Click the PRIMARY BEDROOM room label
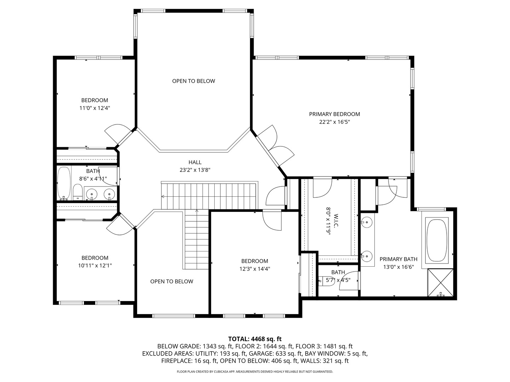[x=334, y=114]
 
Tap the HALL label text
[x=195, y=162]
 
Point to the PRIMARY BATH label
[x=398, y=259]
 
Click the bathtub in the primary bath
[x=437, y=240]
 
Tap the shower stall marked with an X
[x=441, y=283]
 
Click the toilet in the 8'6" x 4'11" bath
[x=78, y=192]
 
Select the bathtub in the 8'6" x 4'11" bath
[x=64, y=183]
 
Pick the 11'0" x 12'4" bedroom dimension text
[x=95, y=108]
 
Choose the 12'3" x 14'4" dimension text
[x=255, y=269]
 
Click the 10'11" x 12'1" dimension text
[x=95, y=266]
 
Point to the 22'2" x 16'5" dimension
[x=334, y=122]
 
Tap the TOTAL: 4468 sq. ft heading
[x=255, y=339]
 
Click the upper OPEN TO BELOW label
[x=193, y=81]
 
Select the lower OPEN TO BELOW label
[x=172, y=281]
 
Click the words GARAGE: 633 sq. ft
[x=276, y=353]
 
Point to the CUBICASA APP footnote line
[x=255, y=371]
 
